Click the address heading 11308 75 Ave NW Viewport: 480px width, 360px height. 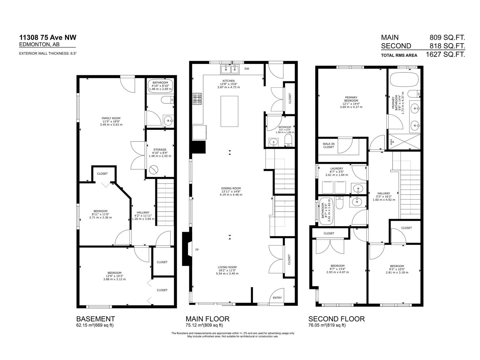coord(48,37)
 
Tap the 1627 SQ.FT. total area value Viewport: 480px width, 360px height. coord(445,55)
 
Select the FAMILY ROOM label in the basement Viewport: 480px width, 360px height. coord(111,118)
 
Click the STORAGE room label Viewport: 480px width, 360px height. coord(160,150)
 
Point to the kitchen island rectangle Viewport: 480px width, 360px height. coord(229,111)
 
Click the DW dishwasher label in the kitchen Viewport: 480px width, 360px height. coord(247,69)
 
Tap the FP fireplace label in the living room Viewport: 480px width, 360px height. coord(197,250)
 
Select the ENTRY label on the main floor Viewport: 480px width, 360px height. coord(277,298)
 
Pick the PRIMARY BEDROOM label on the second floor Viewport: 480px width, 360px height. coord(351,99)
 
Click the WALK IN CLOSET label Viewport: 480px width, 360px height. coord(328,145)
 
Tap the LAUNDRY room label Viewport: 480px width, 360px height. coord(337,169)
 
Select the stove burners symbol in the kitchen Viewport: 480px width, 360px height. coord(197,99)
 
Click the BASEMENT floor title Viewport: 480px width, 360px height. coord(95,319)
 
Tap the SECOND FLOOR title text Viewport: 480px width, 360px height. coord(337,319)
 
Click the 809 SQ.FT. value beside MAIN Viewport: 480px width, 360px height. coord(447,37)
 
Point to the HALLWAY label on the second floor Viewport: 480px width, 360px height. coord(384,193)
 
